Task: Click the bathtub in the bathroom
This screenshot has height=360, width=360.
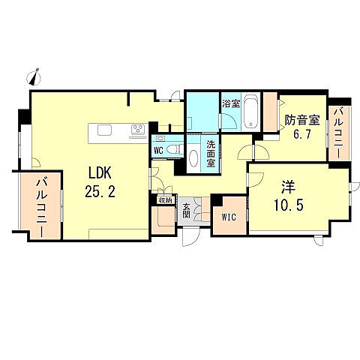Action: pos(250,112)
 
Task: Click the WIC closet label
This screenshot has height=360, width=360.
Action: pos(229,217)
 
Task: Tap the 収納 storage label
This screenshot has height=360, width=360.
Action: pos(164,199)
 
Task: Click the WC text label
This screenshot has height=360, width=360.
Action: pos(158,149)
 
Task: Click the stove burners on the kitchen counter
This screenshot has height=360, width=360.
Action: pos(137,130)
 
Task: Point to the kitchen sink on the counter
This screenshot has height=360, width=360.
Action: pos(103,130)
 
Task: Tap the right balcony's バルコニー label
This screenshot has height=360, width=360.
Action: pos(338,132)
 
